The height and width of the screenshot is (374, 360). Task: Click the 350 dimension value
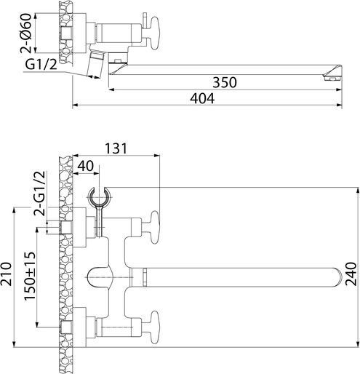point(225,82)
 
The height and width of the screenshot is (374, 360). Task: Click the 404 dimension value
point(202,98)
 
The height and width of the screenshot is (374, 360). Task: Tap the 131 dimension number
point(116,148)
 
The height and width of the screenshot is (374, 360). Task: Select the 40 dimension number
point(85,166)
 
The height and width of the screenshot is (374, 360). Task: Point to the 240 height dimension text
point(351,274)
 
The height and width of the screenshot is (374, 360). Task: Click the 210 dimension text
point(6,274)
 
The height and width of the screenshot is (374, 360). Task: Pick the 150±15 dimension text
point(30,276)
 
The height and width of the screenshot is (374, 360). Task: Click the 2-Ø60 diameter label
point(25,33)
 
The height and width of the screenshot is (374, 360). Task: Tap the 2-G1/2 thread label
point(39,194)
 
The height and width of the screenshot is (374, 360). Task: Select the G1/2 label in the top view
point(41,65)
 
